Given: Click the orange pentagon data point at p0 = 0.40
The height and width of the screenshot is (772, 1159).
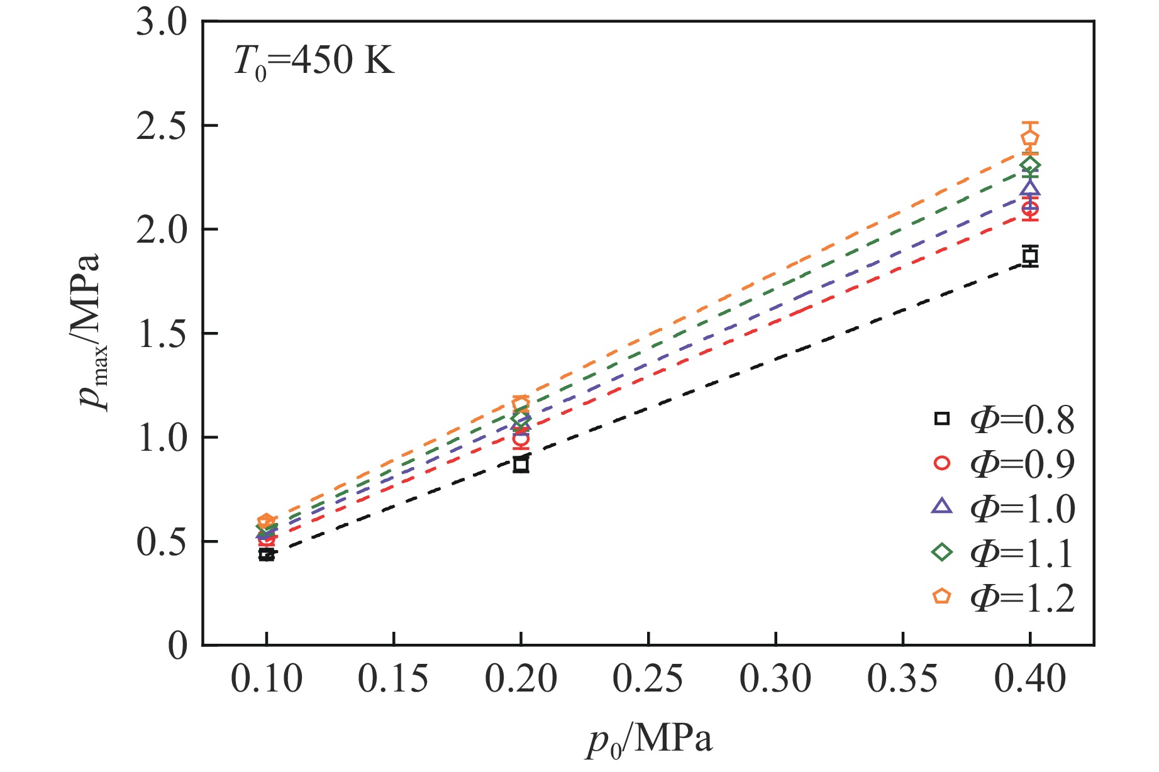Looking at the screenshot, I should click(1029, 138).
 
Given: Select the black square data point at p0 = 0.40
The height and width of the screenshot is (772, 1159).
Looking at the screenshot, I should click(1029, 256).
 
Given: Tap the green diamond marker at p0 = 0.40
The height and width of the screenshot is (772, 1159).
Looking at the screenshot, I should click(1029, 165).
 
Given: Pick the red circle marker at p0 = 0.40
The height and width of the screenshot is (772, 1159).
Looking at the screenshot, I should click(1029, 209).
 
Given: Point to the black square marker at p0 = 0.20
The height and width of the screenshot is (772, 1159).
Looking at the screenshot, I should click(521, 465).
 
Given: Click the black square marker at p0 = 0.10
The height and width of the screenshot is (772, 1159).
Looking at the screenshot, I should click(267, 554).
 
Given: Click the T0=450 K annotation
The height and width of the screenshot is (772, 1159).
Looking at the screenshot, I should click(314, 62).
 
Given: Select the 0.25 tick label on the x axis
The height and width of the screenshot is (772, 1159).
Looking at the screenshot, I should click(648, 680).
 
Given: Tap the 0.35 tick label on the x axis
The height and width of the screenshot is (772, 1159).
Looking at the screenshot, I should click(902, 680).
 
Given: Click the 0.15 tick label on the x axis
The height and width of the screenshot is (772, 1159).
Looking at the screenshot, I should click(393, 680).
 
